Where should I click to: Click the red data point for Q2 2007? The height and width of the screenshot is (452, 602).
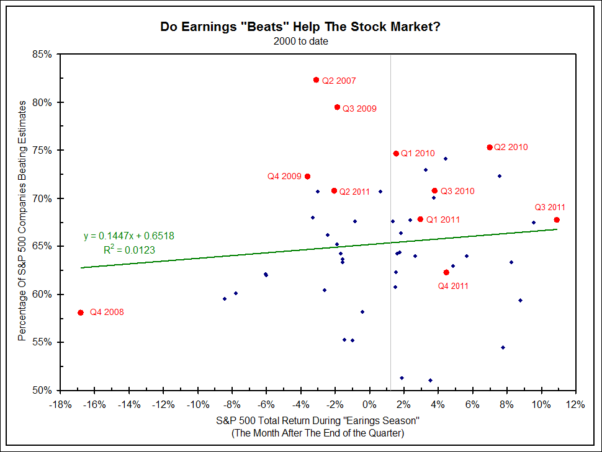pos(316,80)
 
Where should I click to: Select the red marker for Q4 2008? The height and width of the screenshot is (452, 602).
pos(80,312)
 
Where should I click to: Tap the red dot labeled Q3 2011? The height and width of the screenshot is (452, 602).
pos(557,219)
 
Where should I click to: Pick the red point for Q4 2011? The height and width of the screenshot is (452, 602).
pos(446,272)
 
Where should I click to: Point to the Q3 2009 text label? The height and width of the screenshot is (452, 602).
pos(359,109)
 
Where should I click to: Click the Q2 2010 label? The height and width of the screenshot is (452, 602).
pos(511,148)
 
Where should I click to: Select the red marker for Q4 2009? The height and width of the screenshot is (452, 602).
pos(307,177)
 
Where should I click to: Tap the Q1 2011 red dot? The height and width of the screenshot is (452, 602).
pos(420,219)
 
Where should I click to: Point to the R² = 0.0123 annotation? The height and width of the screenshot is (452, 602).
pos(129,250)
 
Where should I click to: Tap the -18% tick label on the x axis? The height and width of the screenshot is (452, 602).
pos(60,405)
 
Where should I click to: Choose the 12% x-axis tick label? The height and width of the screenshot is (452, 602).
pos(576,405)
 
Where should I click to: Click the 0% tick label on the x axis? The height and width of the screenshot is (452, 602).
pos(369,405)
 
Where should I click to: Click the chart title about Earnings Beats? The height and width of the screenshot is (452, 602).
pos(301,27)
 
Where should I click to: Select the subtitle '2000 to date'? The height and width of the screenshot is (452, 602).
pos(301,42)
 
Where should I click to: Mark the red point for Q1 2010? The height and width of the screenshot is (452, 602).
pos(396,153)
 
